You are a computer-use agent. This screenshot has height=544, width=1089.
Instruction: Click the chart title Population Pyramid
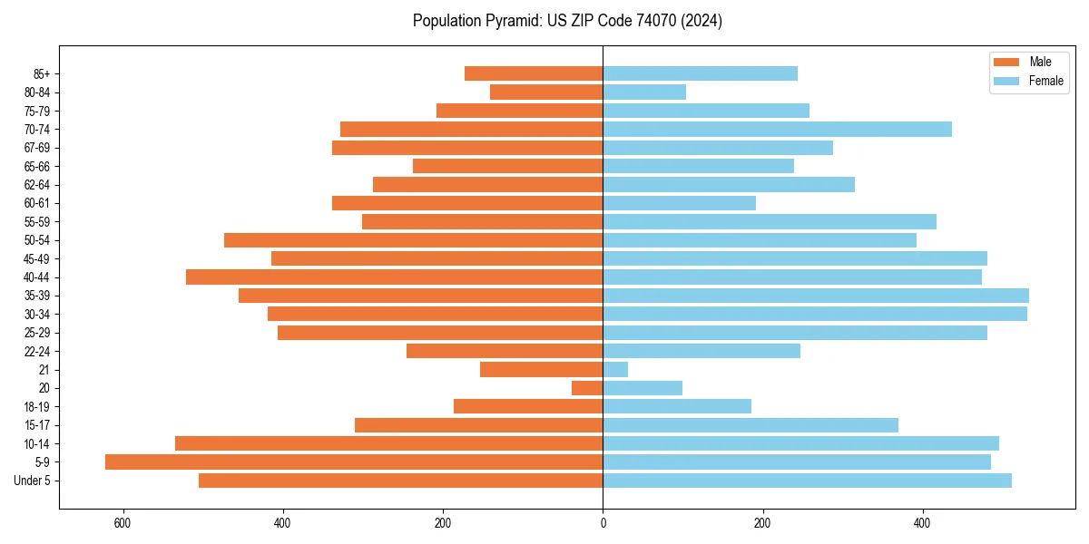[567, 21]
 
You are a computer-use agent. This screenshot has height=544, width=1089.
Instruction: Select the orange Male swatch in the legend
[1006, 62]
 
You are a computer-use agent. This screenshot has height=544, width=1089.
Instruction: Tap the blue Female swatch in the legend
[1006, 81]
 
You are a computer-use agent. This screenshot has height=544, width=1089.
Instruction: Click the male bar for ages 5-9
[354, 462]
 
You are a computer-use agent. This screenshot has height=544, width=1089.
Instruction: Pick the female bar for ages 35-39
[816, 296]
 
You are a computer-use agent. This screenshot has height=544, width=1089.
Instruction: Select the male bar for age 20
[587, 388]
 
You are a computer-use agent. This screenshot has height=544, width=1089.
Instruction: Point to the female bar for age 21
[615, 370]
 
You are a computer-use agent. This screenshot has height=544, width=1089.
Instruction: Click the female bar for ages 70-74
[777, 130]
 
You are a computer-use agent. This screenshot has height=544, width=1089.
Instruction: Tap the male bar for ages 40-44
[394, 277]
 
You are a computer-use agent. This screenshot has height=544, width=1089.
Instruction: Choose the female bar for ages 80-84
[644, 92]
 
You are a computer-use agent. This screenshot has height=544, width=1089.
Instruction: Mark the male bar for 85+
[534, 73]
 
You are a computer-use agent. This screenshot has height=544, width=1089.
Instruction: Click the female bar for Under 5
[807, 481]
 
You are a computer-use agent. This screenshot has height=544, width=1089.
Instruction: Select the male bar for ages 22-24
[505, 351]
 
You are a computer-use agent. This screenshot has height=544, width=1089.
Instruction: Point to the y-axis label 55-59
[37, 222]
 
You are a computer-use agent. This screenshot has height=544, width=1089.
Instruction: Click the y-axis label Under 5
[33, 481]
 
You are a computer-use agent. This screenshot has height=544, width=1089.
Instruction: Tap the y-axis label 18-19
[37, 407]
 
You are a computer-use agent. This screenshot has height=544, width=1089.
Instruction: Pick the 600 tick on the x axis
[123, 523]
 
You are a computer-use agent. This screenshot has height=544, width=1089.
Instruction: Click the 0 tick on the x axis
[603, 523]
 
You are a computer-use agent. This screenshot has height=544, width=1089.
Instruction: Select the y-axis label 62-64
[37, 185]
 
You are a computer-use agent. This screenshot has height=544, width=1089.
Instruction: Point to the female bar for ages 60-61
[679, 203]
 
